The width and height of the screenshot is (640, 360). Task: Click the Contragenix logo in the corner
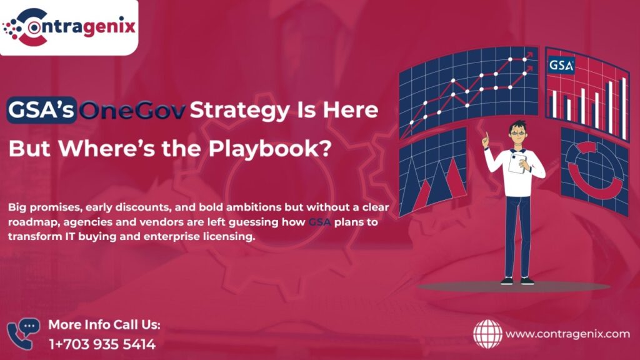point(69,27)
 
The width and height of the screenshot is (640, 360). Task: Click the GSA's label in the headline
point(41,110)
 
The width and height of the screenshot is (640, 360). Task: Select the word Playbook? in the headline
point(269,148)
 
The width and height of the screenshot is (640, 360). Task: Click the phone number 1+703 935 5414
point(102,344)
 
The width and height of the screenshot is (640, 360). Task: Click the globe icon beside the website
point(487,334)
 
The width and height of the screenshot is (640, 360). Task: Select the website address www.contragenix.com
point(567,334)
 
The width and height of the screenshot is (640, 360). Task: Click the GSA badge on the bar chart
point(561,65)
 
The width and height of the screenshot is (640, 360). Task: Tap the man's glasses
point(518,132)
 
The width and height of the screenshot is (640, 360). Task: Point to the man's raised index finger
point(486,136)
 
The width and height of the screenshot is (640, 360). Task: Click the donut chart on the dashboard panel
point(576,179)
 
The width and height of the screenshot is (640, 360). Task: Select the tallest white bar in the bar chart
point(624,108)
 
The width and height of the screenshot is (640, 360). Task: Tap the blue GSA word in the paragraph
point(319,222)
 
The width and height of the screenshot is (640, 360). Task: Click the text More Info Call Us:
point(104,325)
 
